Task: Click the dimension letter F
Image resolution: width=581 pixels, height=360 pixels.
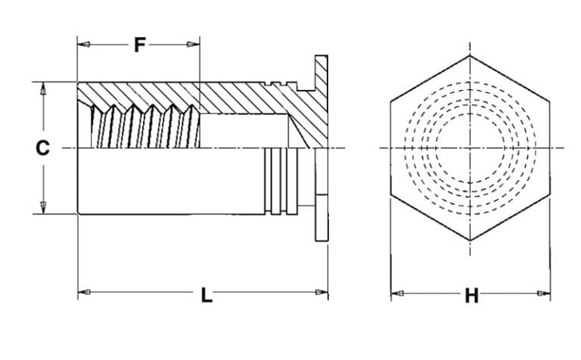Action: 139,45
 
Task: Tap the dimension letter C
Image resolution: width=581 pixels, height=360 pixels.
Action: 43,148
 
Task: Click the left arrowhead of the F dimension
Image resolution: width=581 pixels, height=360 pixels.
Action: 83,45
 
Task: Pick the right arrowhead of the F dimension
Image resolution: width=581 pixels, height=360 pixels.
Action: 194,45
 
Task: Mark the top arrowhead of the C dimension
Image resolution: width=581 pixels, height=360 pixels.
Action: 43,88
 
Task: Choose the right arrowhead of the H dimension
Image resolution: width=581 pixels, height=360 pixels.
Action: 545,293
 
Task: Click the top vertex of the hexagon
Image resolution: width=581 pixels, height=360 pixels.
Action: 470,55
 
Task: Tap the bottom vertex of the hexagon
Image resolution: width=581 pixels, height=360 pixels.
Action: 470,241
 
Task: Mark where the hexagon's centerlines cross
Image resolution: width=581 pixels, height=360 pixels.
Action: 470,147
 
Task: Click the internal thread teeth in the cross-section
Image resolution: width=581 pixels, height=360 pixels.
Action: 144,125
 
